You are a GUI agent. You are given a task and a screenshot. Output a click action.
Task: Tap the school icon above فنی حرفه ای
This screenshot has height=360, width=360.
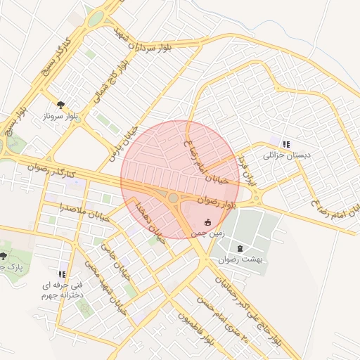(x=63, y=274)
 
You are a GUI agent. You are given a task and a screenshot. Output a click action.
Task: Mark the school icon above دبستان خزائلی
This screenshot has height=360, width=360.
(x=285, y=143)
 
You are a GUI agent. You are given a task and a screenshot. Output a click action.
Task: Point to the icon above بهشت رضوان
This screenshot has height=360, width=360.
(x=241, y=248)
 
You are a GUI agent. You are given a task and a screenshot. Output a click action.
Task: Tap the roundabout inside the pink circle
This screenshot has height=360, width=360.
(x=173, y=198)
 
